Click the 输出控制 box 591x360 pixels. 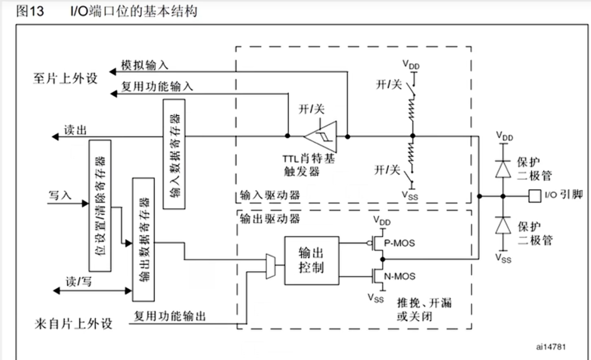click(311, 260)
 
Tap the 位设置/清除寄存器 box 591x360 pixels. click(100, 205)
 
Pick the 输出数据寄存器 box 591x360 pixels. click(144, 240)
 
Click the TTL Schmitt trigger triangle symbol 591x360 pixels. click(322, 136)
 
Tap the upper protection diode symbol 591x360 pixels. click(502, 168)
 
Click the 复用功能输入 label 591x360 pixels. click(156, 87)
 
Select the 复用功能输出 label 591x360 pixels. click(170, 315)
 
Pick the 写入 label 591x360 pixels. click(60, 195)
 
